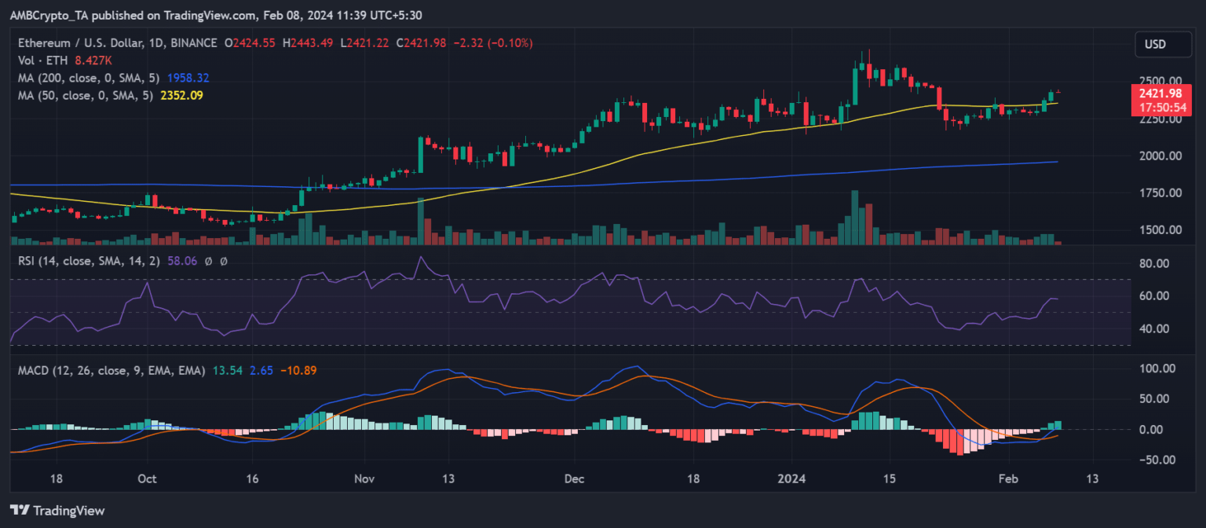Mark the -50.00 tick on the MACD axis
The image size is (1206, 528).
[1154, 460]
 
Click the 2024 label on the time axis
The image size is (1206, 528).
[791, 478]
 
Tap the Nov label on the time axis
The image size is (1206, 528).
[364, 478]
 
